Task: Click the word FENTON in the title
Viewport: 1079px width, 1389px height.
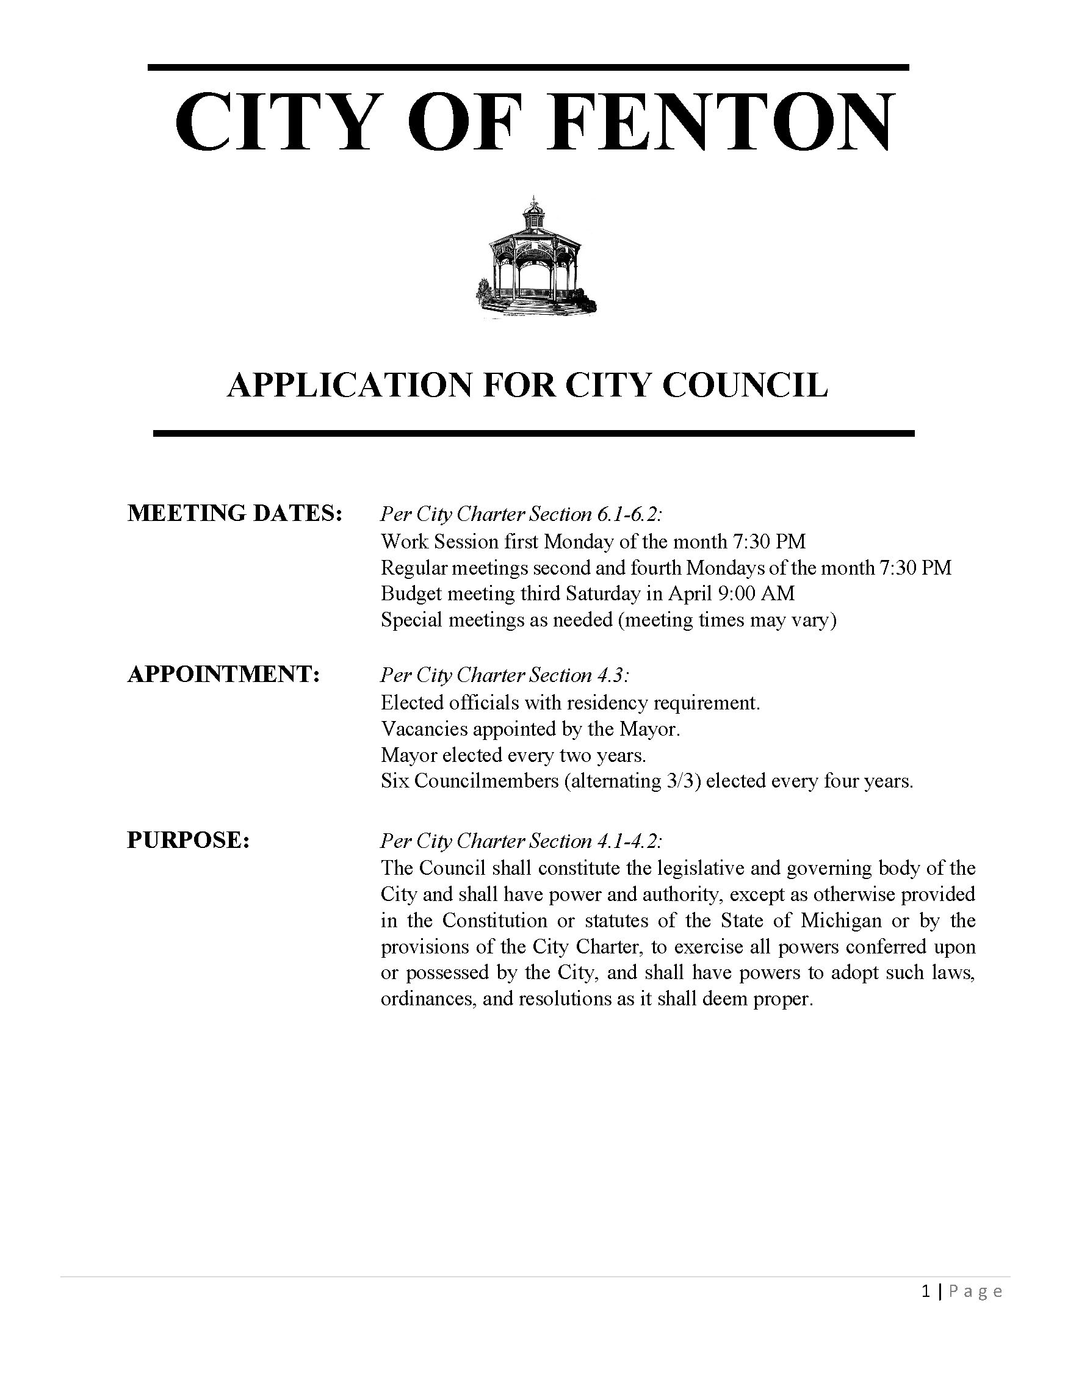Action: point(721,122)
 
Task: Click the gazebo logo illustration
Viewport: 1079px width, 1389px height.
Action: point(536,259)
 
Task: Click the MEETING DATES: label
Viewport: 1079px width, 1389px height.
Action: point(235,513)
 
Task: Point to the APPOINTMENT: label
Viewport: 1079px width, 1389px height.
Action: point(223,675)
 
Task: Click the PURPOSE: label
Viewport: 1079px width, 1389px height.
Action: point(189,840)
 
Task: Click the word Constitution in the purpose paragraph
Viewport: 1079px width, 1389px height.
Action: point(495,921)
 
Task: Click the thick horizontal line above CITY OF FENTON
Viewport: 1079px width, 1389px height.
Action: point(528,66)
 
